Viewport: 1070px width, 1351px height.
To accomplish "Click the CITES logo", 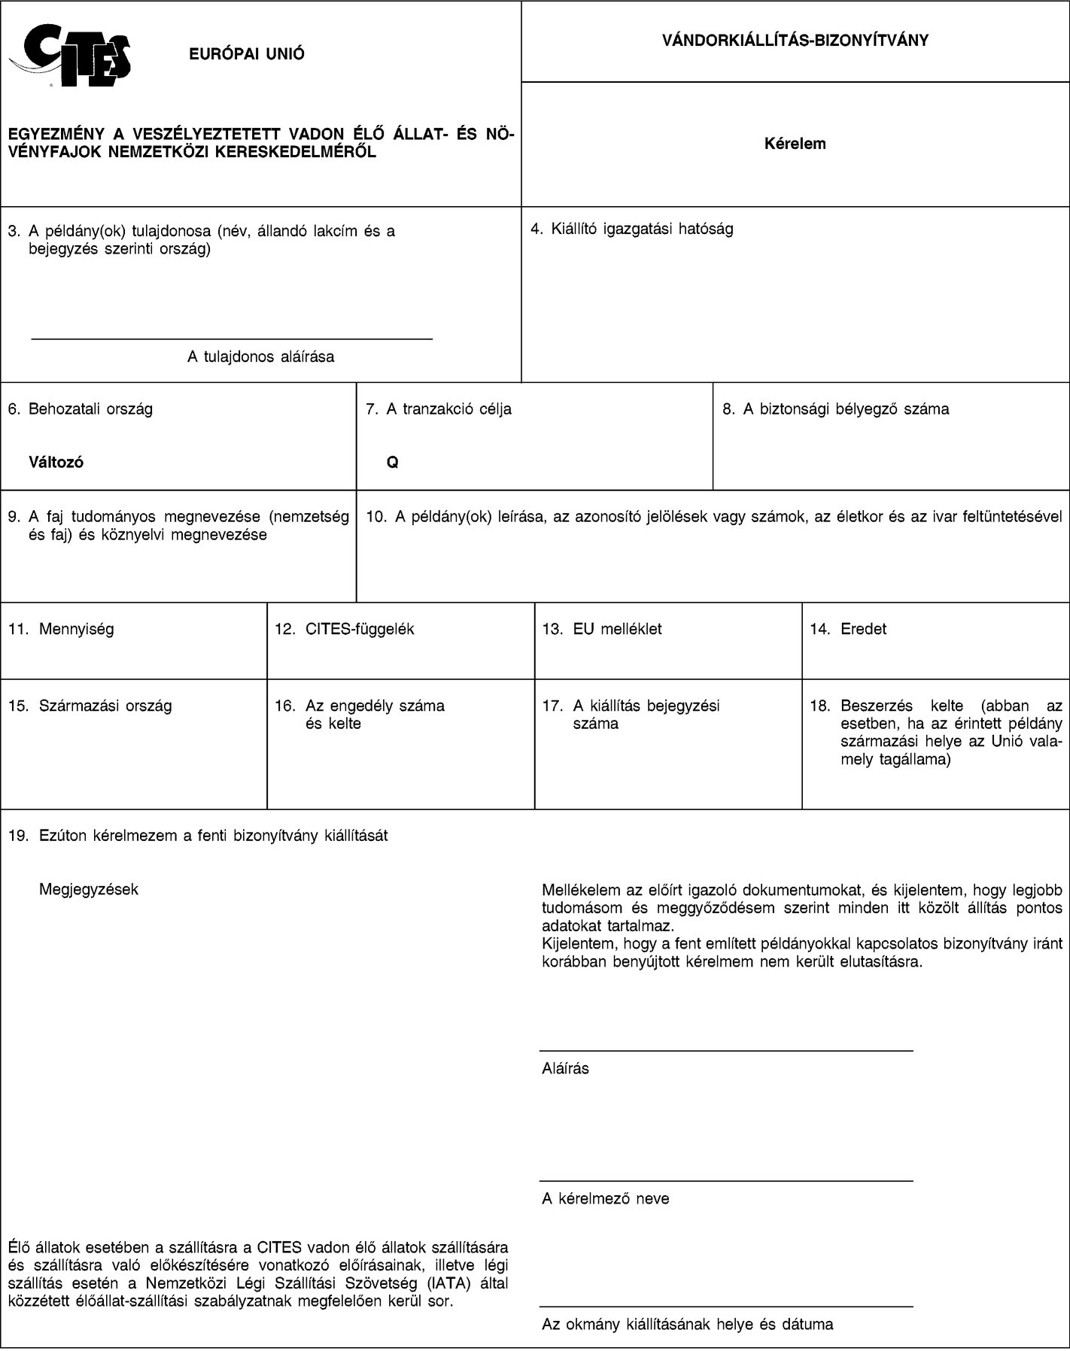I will click(71, 53).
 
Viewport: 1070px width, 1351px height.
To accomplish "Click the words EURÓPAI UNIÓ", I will click(247, 53).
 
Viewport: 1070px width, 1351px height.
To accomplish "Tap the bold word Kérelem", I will click(795, 144).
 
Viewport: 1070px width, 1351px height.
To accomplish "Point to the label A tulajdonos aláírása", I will click(260, 357).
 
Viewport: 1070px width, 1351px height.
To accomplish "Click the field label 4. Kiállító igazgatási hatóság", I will click(632, 229).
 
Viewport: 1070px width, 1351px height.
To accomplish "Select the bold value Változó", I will click(56, 462).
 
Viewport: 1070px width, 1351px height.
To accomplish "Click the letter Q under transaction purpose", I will click(392, 462).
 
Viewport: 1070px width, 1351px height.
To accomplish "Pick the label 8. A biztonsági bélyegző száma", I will click(835, 409).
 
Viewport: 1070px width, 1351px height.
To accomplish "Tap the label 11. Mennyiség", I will click(61, 629).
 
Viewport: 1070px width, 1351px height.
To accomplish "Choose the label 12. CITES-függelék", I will click(344, 629).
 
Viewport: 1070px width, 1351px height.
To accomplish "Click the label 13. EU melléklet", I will click(602, 629).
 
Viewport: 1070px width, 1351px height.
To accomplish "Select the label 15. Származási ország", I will click(90, 706).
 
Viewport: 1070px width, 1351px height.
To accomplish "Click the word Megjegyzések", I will click(89, 889).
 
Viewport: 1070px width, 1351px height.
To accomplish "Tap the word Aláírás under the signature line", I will click(566, 1068).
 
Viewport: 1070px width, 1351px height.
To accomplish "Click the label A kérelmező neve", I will click(606, 1198).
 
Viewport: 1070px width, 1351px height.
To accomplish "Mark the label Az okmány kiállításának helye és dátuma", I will click(688, 1325).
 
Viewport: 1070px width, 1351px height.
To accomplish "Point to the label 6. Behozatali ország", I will click(80, 409).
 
